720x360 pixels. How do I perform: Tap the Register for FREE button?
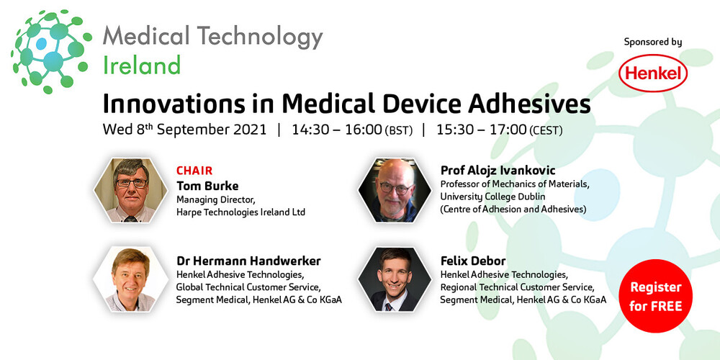[x=655, y=295]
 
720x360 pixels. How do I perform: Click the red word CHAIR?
[x=194, y=171]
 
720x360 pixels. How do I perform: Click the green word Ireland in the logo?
[x=141, y=66]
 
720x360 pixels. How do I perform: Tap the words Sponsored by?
[x=653, y=42]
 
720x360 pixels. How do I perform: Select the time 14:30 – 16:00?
[x=337, y=130]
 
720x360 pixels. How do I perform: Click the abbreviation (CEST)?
[x=546, y=131]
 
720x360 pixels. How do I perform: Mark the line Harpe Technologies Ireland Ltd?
[x=240, y=212]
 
